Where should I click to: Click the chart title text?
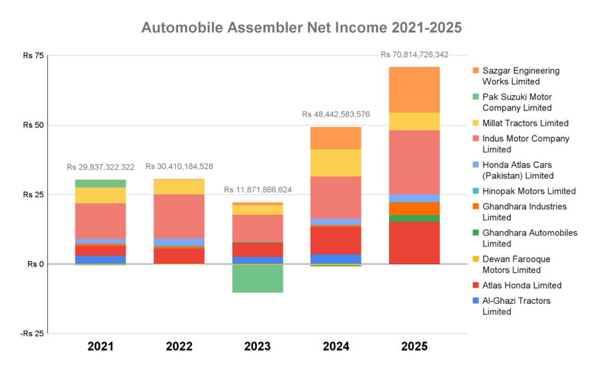coord(301,28)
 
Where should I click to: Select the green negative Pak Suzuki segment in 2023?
coord(258,278)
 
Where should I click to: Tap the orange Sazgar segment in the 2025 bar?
coord(415,89)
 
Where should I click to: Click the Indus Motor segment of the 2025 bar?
coord(415,162)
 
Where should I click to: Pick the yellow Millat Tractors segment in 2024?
coord(336,162)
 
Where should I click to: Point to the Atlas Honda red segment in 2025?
coord(415,243)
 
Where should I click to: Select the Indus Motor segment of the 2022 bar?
coord(179,216)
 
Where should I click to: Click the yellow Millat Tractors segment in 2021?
coord(101,195)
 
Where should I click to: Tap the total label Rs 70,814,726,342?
coord(415,55)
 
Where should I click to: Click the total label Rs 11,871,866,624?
coord(258,190)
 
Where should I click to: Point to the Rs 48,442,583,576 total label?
coord(336,115)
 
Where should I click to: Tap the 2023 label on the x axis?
coord(258,347)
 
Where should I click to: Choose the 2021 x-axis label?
coord(101,347)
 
